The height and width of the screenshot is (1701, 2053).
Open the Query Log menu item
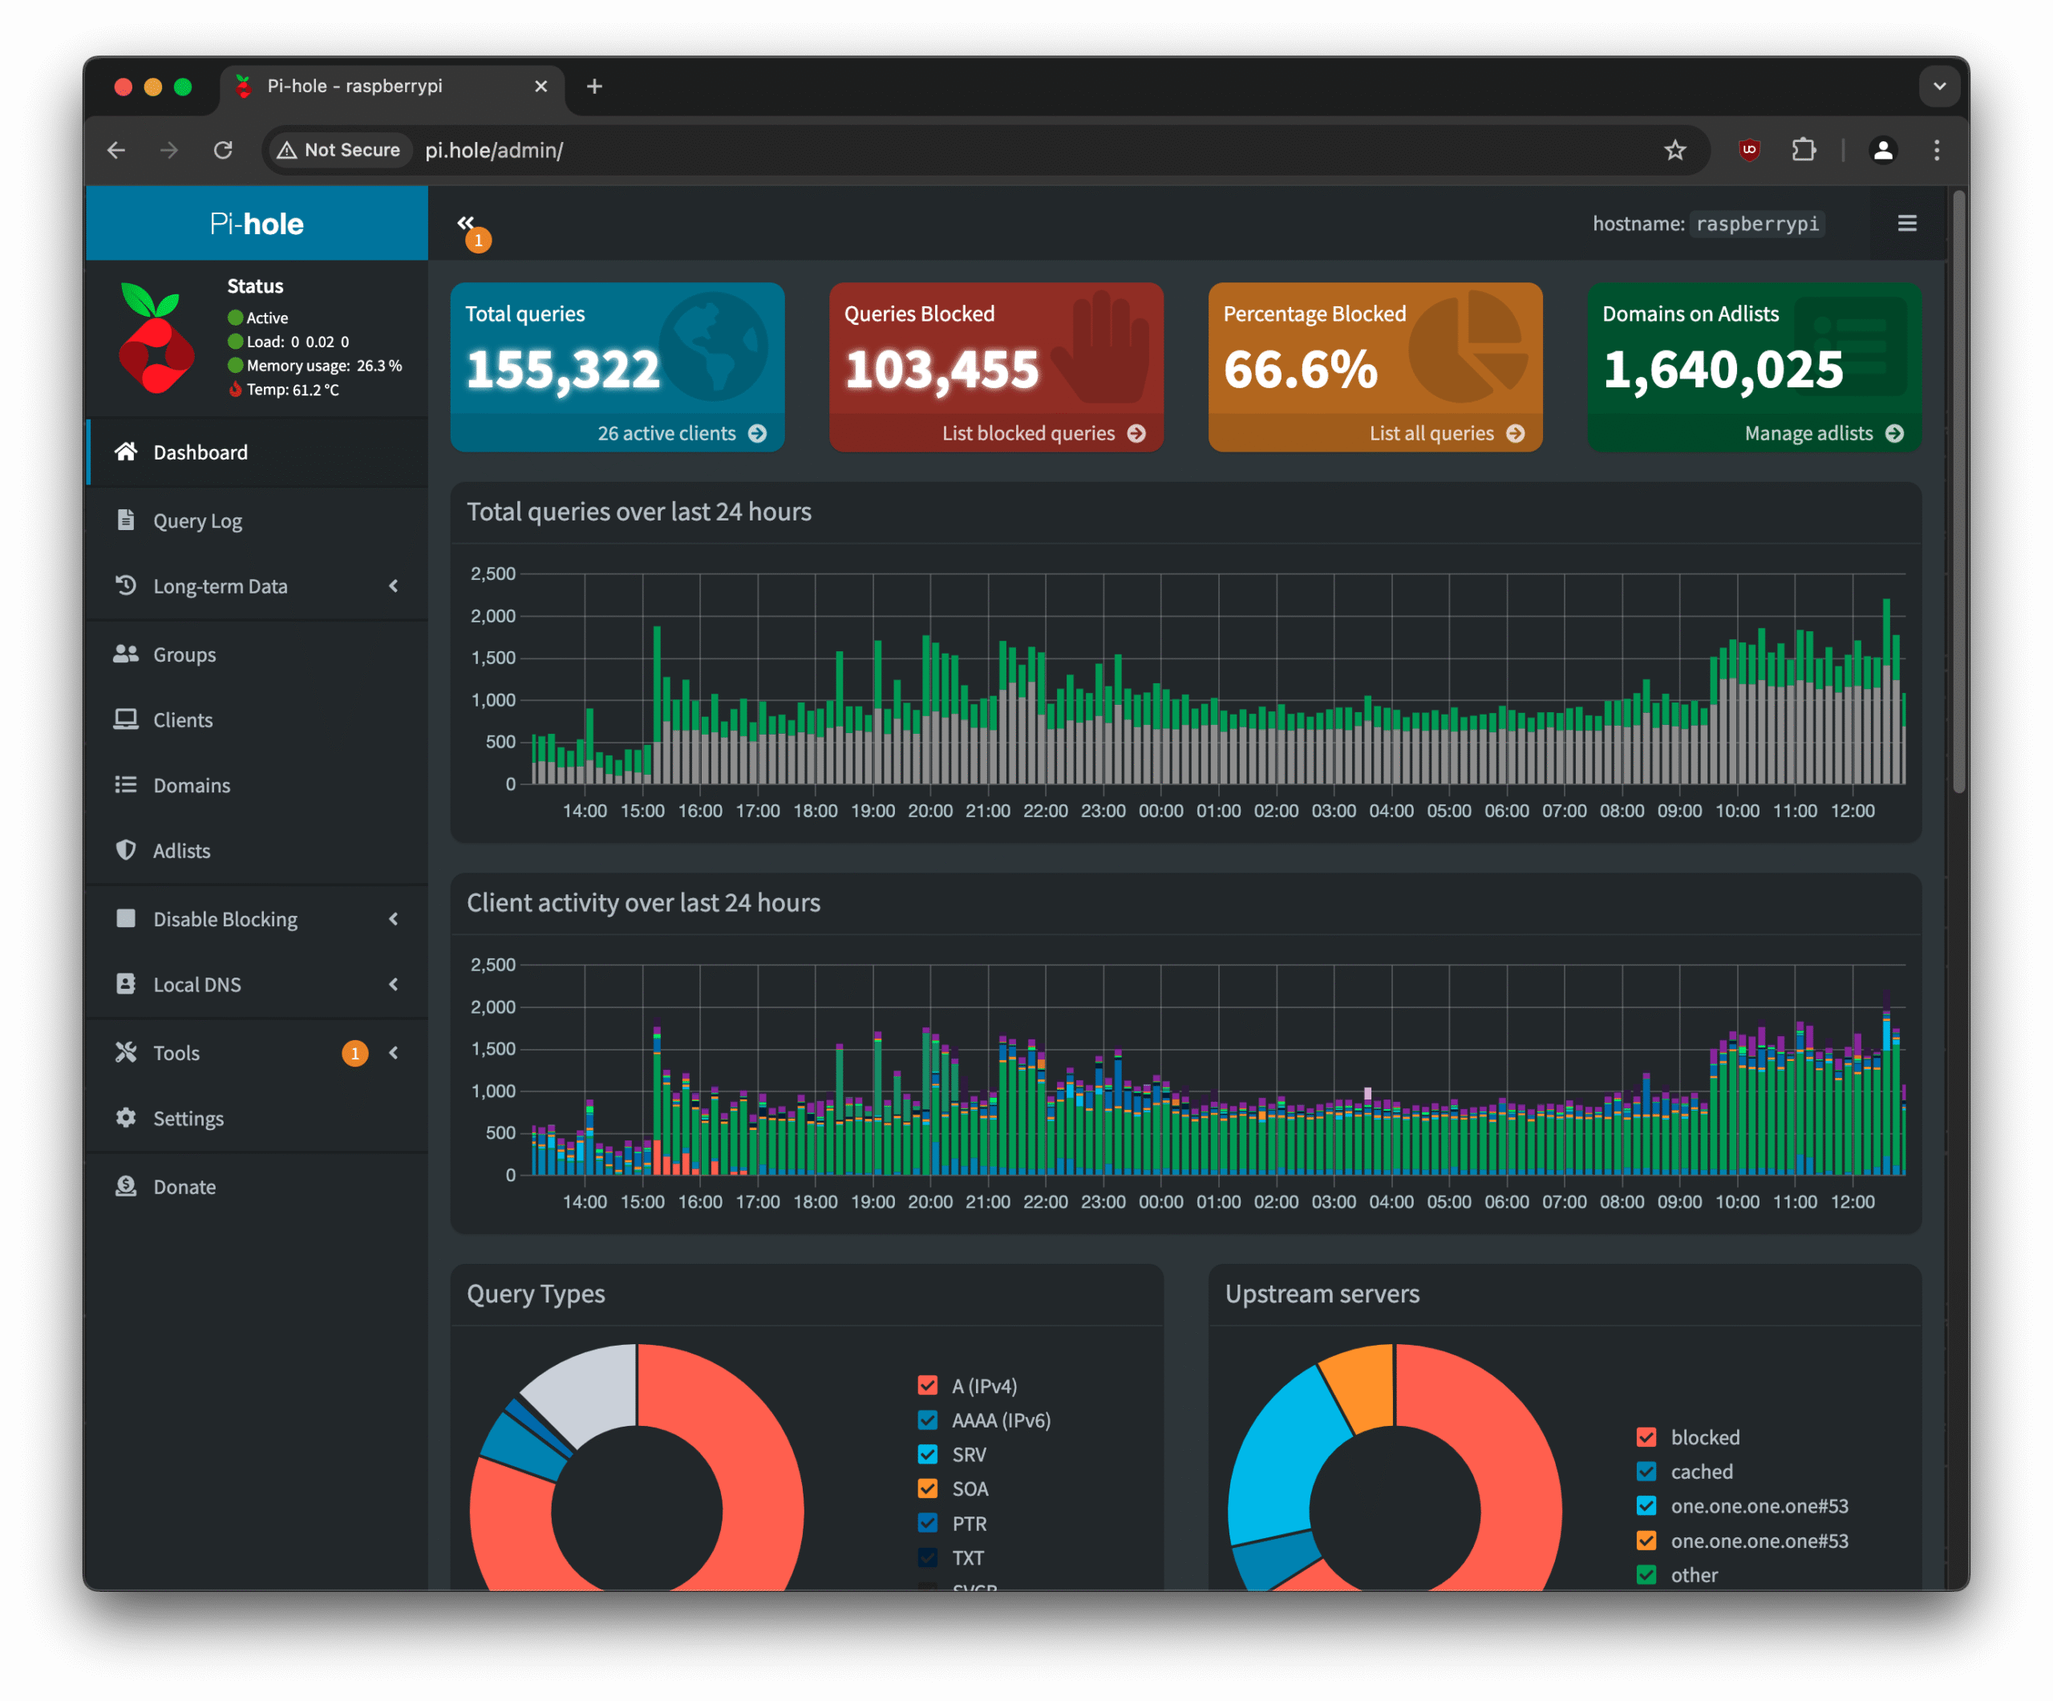point(197,521)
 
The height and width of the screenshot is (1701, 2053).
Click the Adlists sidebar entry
point(182,850)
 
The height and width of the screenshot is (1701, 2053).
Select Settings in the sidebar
point(188,1118)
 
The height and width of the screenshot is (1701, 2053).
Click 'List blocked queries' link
point(1028,433)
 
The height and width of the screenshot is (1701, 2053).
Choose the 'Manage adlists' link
point(1808,433)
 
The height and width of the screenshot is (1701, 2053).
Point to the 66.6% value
point(1300,370)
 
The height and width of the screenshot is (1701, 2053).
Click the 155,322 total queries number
point(563,370)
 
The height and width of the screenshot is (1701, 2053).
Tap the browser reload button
point(223,150)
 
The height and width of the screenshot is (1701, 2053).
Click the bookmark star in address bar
point(1674,150)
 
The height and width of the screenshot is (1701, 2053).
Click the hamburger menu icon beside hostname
point(1906,224)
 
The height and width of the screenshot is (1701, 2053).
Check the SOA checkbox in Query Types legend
point(928,1488)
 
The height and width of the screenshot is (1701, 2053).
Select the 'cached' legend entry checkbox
point(1646,1472)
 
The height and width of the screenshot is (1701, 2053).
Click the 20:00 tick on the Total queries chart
point(929,811)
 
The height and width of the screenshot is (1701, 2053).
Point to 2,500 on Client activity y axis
point(492,965)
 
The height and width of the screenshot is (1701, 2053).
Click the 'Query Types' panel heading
point(536,1294)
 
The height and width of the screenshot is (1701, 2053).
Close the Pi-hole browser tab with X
point(541,86)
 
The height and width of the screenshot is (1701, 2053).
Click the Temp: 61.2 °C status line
point(292,389)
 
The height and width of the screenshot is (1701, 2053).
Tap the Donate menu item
point(184,1187)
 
